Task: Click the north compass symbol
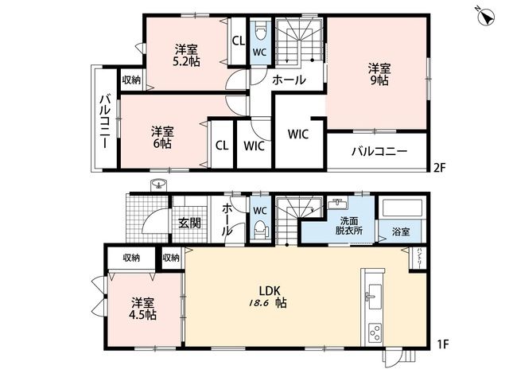click(488, 16)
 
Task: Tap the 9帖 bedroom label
click(379, 74)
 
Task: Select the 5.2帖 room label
click(186, 56)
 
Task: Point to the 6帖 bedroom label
click(162, 138)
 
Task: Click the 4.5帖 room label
click(143, 309)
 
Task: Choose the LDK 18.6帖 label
click(268, 297)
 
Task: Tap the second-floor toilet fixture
click(260, 31)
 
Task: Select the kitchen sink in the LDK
click(375, 297)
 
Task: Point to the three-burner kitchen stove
click(375, 332)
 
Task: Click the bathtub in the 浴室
click(402, 208)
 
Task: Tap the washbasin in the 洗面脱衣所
click(337, 204)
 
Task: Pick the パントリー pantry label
click(419, 258)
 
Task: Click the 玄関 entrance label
click(189, 223)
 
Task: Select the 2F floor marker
click(441, 168)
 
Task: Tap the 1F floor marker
click(442, 344)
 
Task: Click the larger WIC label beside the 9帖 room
click(298, 134)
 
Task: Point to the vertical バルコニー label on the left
click(104, 121)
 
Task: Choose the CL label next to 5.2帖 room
click(239, 41)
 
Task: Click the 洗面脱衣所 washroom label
click(349, 226)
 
